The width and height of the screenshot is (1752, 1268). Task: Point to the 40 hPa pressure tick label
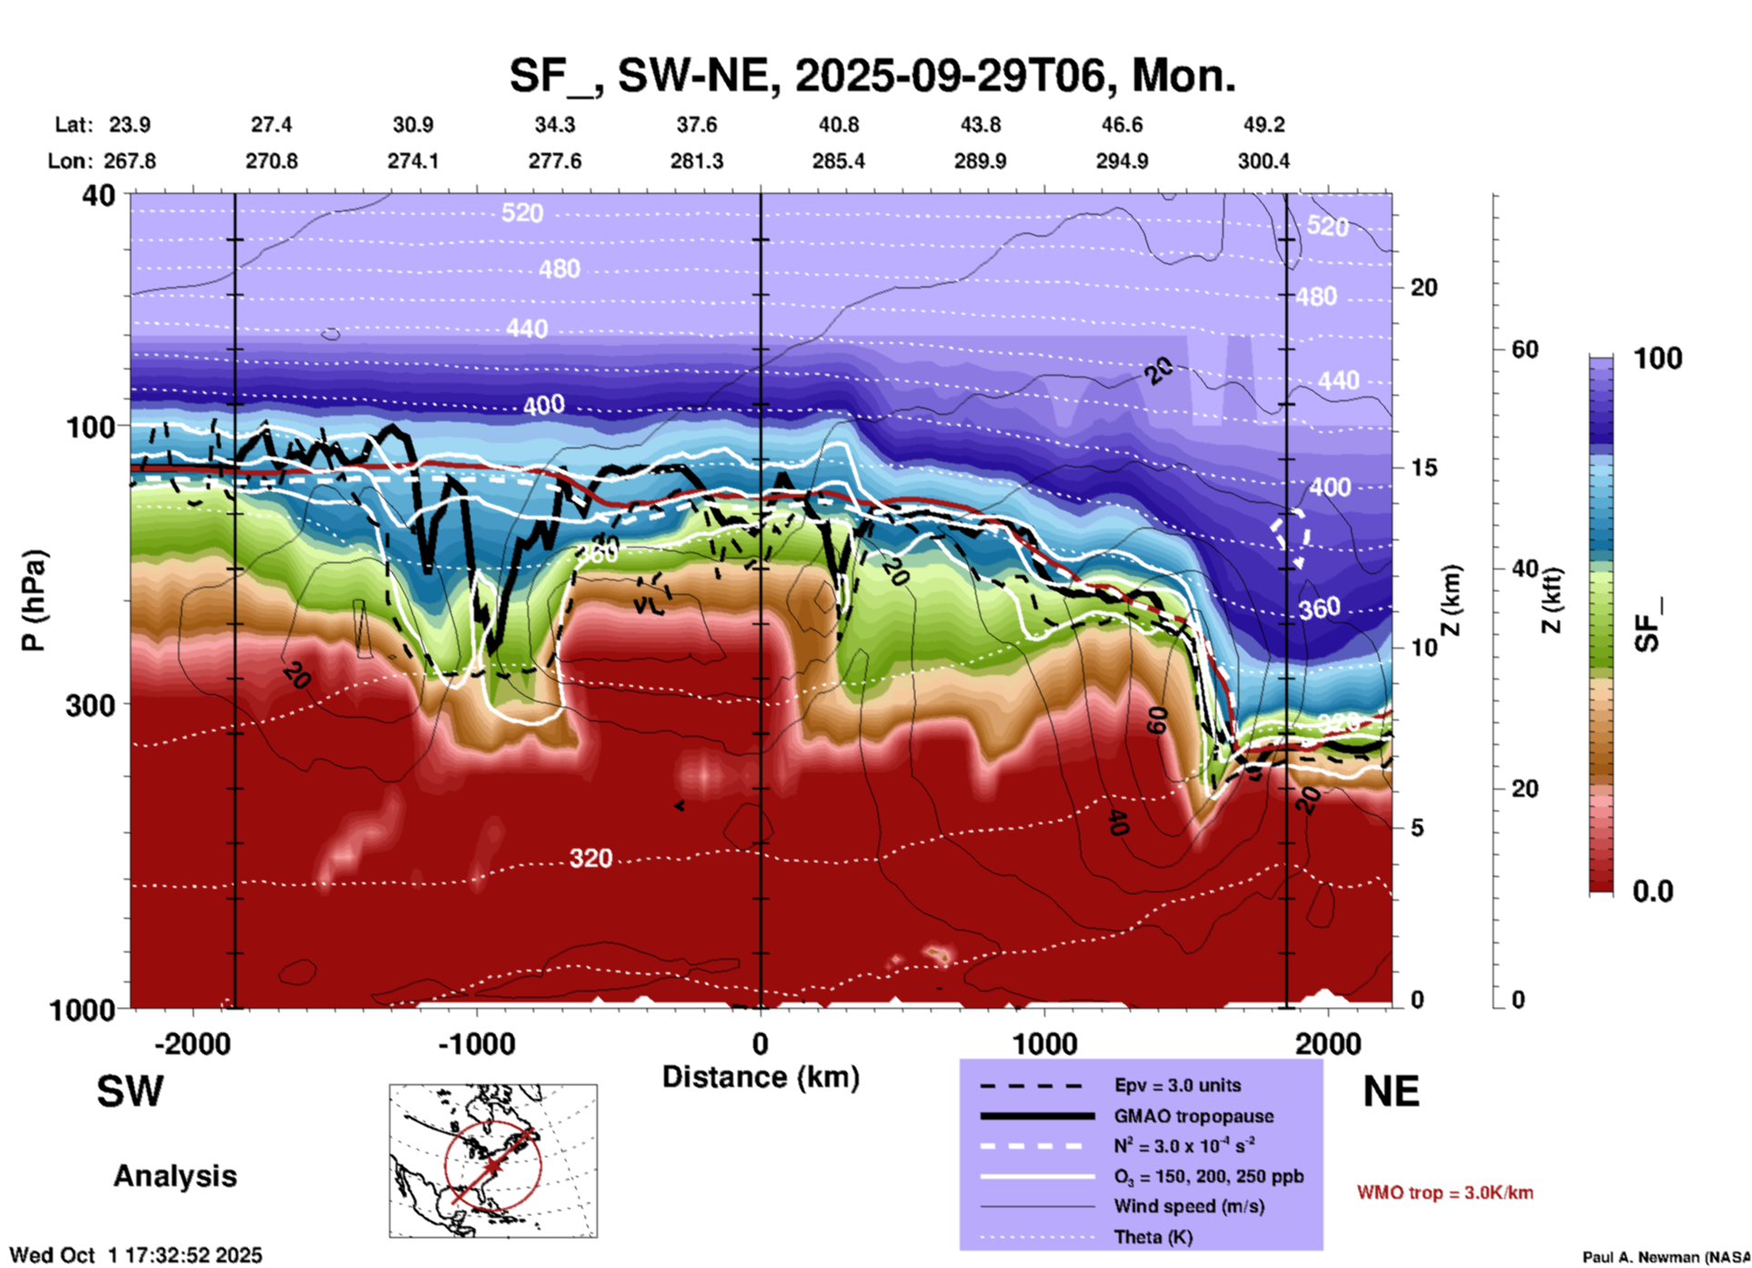click(99, 195)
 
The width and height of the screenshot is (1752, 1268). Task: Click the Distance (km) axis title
click(760, 1077)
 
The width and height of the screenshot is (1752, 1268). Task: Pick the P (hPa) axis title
click(33, 600)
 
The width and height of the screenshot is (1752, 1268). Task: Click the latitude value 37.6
click(697, 125)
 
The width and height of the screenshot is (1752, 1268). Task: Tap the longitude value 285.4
click(838, 161)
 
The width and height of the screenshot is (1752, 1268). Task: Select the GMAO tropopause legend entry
click(1193, 1116)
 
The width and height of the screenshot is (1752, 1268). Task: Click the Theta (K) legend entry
click(1153, 1237)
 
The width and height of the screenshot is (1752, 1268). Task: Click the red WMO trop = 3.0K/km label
click(1445, 1193)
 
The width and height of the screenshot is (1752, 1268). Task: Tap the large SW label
click(130, 1092)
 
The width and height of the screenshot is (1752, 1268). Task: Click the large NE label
click(1391, 1092)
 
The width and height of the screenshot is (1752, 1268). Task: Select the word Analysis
click(175, 1175)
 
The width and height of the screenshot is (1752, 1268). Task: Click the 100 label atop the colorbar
click(1657, 358)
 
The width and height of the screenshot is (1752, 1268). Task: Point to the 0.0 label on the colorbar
click(1652, 891)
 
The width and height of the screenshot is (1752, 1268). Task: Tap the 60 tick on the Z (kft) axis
click(1525, 349)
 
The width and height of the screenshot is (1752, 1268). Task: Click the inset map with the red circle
click(493, 1161)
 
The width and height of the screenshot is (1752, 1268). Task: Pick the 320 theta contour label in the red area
click(590, 858)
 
